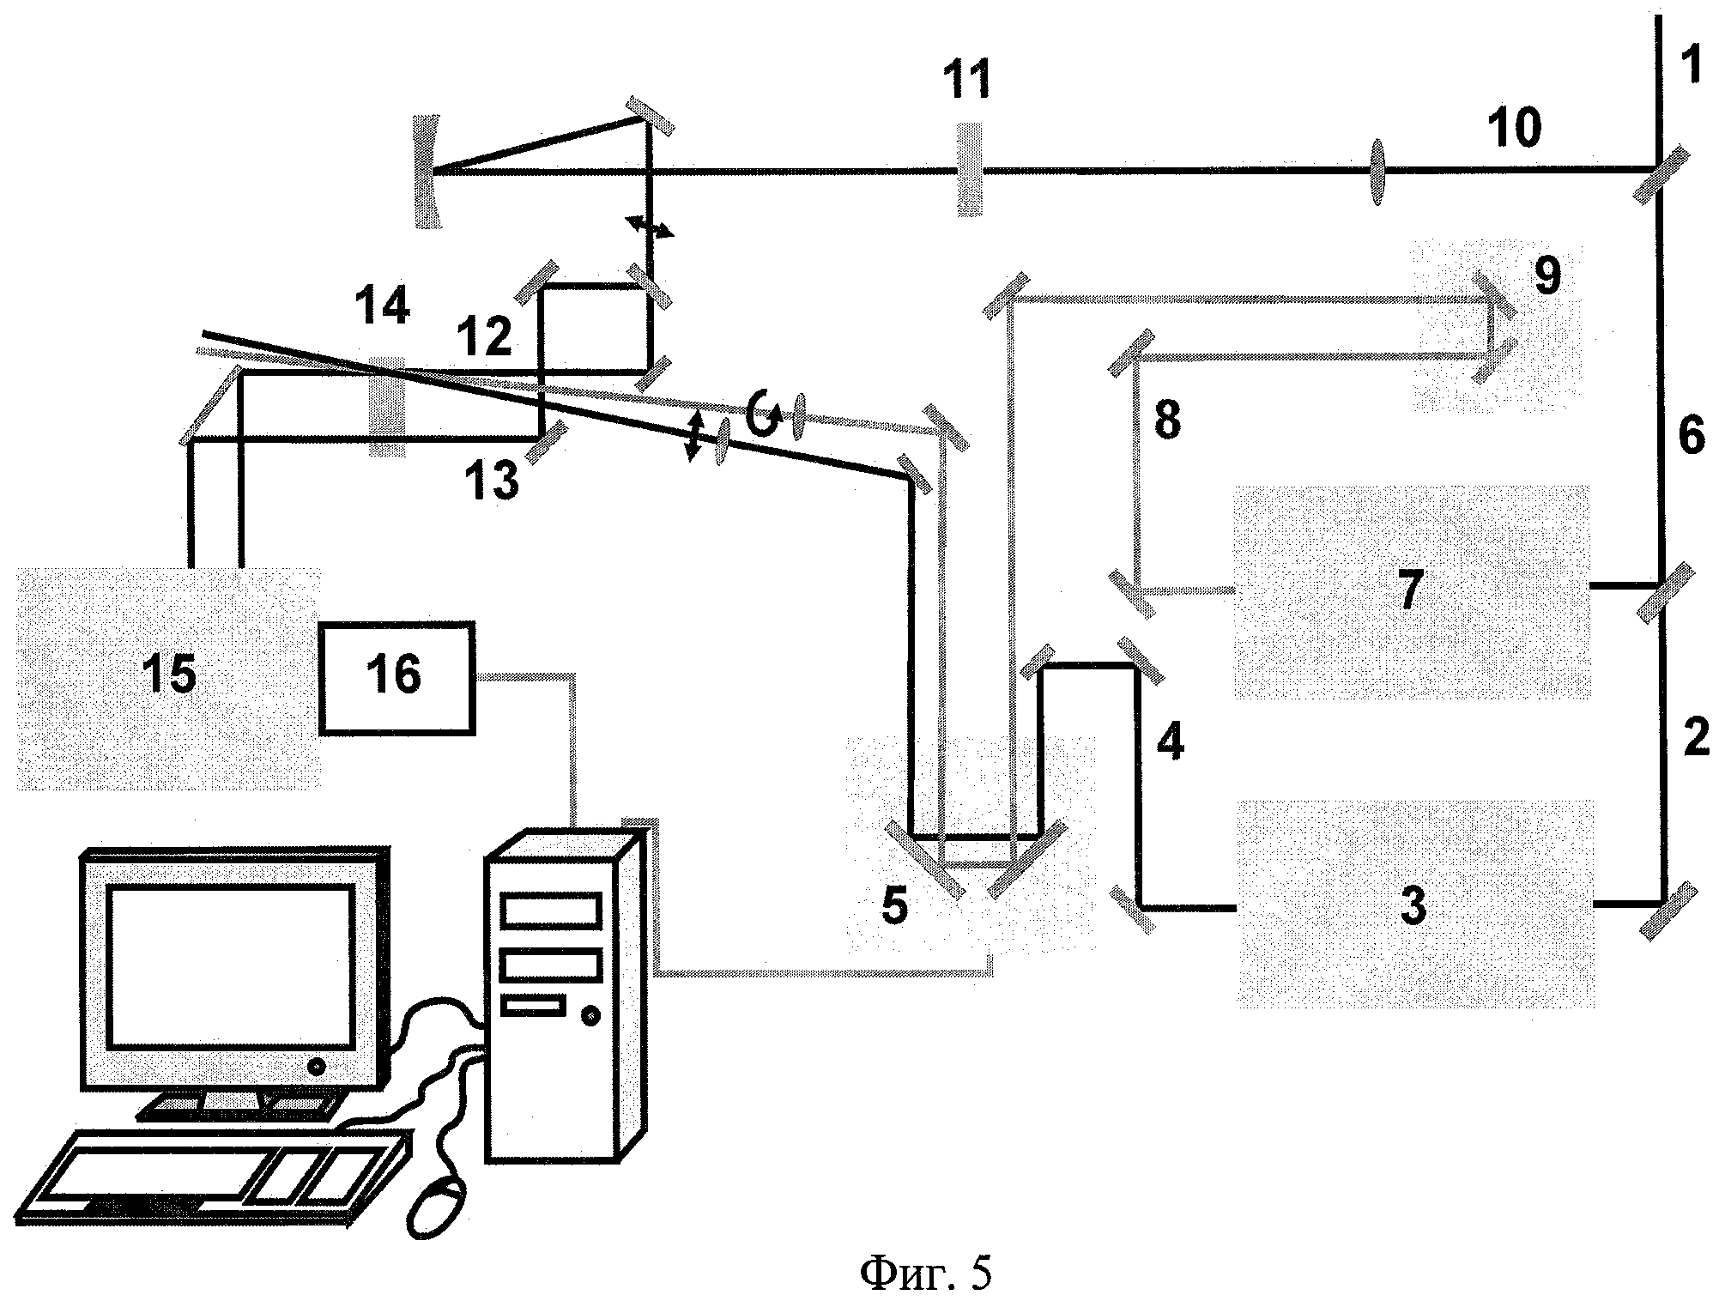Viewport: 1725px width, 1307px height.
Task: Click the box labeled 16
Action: [396, 678]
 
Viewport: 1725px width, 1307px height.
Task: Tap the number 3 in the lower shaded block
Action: [1413, 905]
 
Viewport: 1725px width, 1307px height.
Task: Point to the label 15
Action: [169, 674]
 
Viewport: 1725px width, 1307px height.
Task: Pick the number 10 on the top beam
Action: [1515, 127]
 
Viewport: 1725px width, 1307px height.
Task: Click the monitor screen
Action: [230, 967]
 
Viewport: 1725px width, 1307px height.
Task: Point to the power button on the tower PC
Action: [590, 1016]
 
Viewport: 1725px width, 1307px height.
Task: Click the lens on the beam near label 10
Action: [1377, 173]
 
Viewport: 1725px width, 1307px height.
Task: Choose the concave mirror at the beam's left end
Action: [427, 172]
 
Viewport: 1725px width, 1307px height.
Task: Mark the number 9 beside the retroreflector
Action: [1546, 276]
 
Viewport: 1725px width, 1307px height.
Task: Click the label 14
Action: [383, 306]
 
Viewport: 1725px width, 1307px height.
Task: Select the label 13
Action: [493, 481]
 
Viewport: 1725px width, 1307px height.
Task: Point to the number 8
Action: [1166, 421]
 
